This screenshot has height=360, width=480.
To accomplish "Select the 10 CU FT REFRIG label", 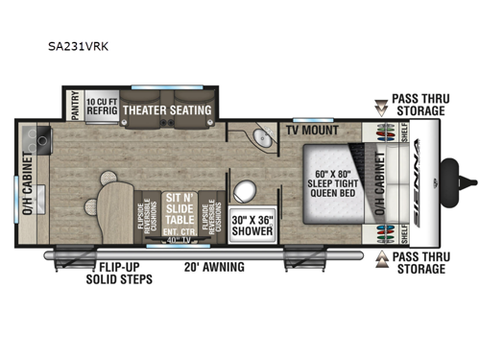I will [x=101, y=105].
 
